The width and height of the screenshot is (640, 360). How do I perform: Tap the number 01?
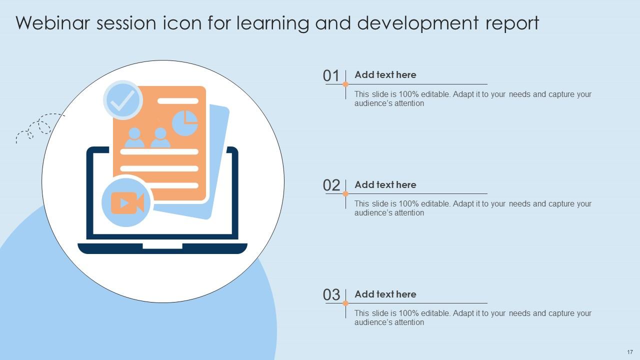[331, 76]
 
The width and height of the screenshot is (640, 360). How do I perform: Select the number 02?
[331, 185]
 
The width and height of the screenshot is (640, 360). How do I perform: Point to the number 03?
[331, 295]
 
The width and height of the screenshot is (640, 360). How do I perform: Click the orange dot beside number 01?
[345, 84]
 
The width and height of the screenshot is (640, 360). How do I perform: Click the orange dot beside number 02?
[345, 193]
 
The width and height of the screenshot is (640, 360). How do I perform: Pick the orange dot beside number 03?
[345, 303]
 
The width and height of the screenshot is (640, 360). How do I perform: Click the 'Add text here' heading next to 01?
[385, 75]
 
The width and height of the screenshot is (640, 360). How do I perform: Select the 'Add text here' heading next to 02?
[385, 184]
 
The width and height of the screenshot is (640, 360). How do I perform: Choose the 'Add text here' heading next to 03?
[385, 294]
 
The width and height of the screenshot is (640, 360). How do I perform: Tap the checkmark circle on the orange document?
[123, 100]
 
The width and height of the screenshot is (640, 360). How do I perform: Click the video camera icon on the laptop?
[127, 202]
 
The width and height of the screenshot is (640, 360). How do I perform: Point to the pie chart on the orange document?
[185, 123]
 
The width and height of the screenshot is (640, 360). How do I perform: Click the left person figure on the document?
[134, 138]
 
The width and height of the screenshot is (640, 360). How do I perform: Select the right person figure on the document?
[160, 138]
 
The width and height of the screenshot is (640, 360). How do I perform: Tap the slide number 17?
[629, 352]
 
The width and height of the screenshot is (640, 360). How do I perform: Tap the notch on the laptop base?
[162, 246]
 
